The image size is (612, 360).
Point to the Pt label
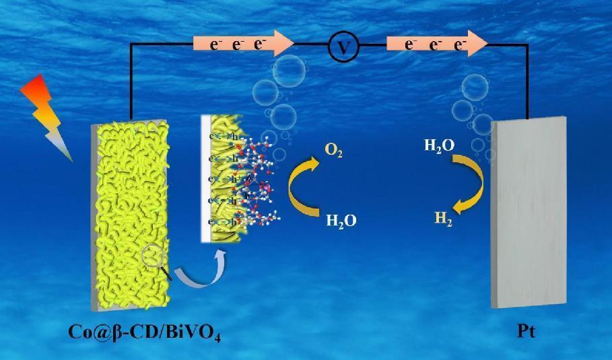pos(527,331)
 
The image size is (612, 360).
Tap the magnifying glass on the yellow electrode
pos(155,259)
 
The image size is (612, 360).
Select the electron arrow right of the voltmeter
pos(437,44)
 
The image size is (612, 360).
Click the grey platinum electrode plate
pos(529,212)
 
